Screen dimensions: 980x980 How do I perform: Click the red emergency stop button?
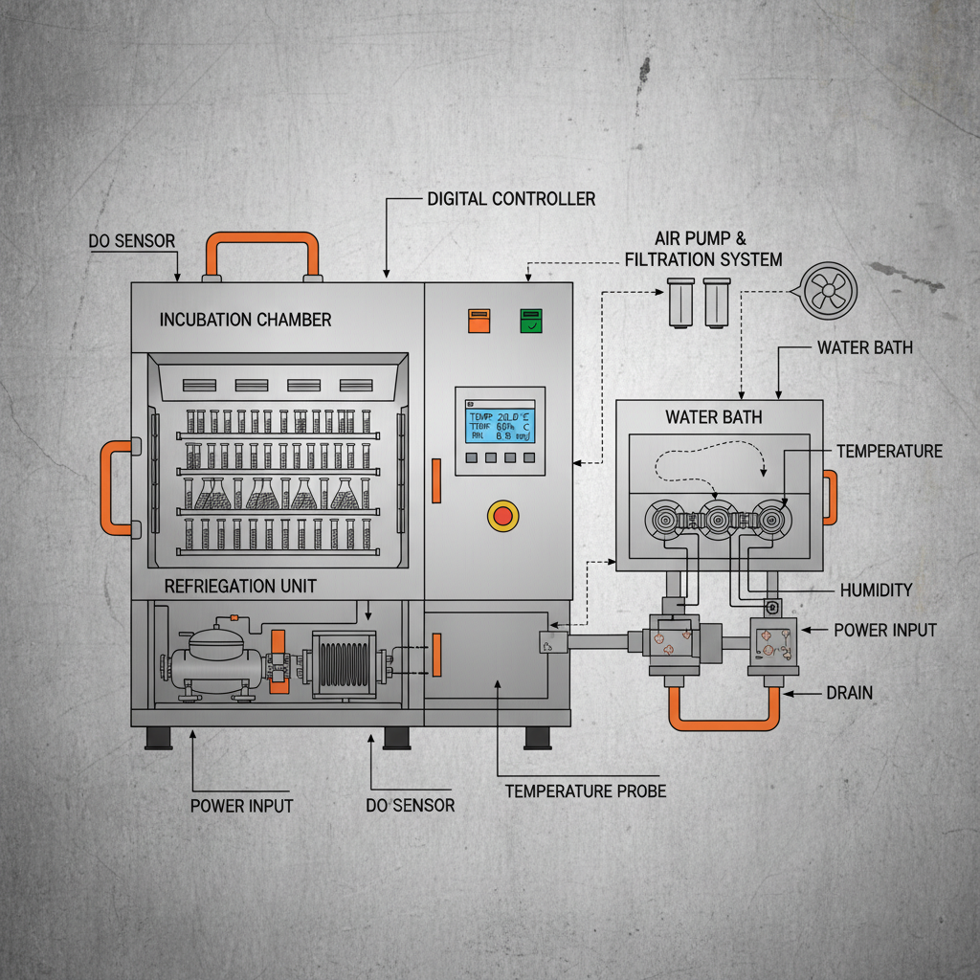[502, 516]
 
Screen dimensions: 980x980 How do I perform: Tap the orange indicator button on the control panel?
[478, 320]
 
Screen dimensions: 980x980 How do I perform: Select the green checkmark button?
[529, 320]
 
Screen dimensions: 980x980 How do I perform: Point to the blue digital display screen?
[500, 421]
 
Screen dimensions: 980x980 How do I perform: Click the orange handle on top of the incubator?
[261, 238]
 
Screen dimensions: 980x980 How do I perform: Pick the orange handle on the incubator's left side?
[109, 487]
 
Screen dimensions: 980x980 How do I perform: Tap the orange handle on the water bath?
[831, 497]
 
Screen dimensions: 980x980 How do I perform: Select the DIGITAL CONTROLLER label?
[511, 199]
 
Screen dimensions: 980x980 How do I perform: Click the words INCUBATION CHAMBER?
[245, 320]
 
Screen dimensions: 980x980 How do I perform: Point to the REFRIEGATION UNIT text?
[240, 585]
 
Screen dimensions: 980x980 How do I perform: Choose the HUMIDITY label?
[876, 590]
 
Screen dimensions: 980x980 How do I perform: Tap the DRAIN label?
[849, 692]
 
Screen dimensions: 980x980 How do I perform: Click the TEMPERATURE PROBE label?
[585, 791]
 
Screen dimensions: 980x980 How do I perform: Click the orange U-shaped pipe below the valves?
[724, 717]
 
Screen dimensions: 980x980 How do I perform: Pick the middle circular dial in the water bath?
[717, 520]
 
